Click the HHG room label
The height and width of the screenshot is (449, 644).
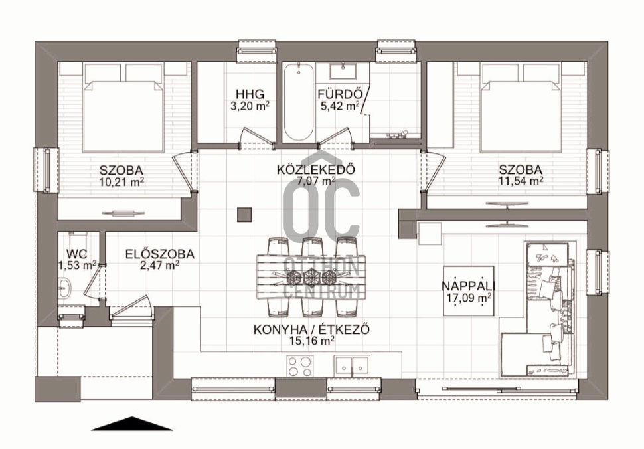click(x=250, y=94)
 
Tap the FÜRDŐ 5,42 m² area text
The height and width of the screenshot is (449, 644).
click(x=339, y=100)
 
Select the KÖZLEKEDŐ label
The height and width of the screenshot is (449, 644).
click(x=316, y=169)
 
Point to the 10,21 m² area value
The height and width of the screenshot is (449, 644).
click(x=121, y=181)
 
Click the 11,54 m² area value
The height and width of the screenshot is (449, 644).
click(x=521, y=181)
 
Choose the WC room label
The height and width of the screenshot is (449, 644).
click(x=77, y=254)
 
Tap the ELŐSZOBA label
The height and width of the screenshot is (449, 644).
click(x=160, y=254)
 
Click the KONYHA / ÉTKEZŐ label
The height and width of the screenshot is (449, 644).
click(x=312, y=329)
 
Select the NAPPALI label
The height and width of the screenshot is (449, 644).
click(x=469, y=286)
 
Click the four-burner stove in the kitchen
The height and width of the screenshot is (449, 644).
click(x=299, y=366)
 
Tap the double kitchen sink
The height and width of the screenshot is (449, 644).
click(x=352, y=365)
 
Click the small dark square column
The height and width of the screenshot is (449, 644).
click(x=244, y=215)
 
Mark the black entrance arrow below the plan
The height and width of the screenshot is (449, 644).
click(x=131, y=424)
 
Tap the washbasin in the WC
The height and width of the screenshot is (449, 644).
click(x=64, y=288)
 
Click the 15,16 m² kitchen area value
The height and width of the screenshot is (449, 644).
click(x=312, y=341)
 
